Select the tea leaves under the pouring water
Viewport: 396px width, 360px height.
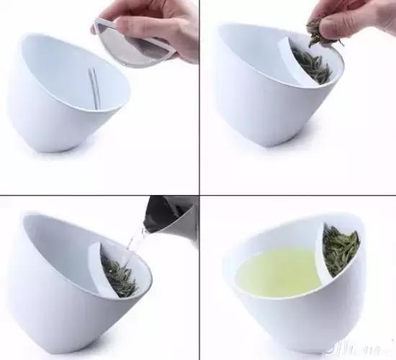tap(119, 277)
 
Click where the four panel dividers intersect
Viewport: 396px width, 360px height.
tap(199, 194)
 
